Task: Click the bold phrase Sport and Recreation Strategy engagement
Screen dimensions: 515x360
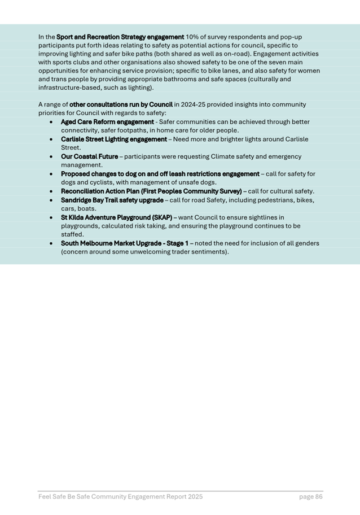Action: point(120,37)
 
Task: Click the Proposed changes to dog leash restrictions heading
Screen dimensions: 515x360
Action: point(160,174)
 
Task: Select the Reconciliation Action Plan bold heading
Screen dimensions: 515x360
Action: point(151,191)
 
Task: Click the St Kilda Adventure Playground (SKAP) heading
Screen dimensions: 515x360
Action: point(116,217)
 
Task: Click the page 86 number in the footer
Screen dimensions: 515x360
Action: point(311,496)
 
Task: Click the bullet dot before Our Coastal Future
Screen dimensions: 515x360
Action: point(52,156)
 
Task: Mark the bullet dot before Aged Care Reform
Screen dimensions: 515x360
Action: point(52,122)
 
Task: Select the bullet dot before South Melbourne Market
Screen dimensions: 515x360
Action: point(52,243)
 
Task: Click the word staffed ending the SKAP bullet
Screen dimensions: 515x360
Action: point(72,234)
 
